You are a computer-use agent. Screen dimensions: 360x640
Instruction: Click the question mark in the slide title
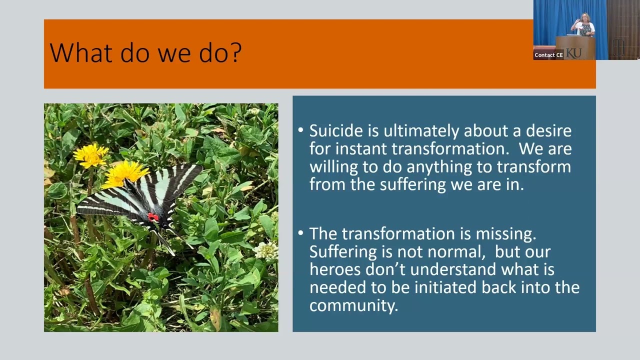point(234,52)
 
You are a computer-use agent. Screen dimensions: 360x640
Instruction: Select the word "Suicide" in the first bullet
point(335,131)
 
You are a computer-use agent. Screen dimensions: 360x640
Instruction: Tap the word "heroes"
point(336,269)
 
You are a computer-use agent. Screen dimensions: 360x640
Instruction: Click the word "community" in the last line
point(352,305)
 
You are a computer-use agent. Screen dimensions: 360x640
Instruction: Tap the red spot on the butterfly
point(153,217)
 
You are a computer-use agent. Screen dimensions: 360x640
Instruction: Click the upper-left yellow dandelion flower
point(90,154)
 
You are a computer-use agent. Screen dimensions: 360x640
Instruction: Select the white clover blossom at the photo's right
point(266,251)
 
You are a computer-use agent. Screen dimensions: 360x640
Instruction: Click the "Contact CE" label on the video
point(548,55)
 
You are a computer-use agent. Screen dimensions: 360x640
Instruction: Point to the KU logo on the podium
point(574,53)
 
